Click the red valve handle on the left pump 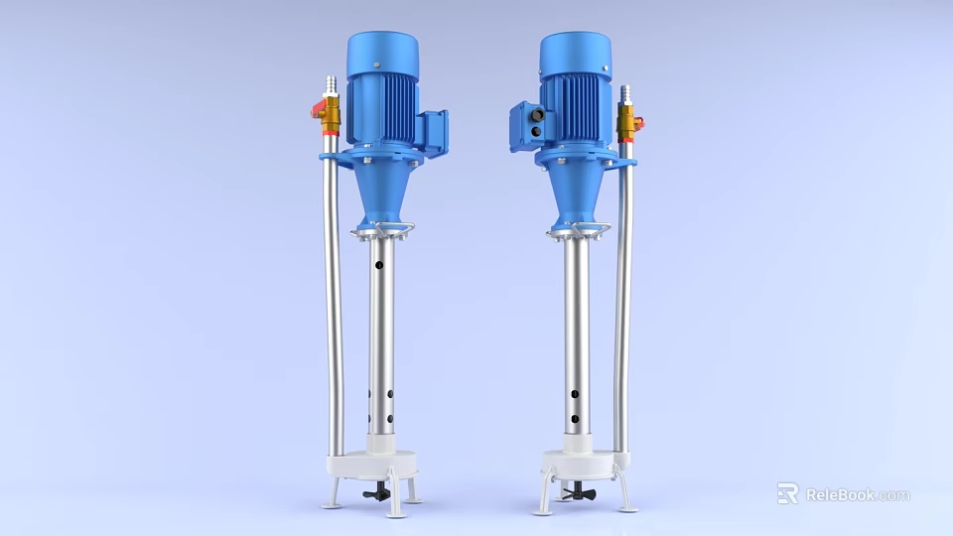pyautogui.click(x=317, y=112)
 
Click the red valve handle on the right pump pyautogui.click(x=638, y=123)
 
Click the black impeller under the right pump pyautogui.click(x=573, y=493)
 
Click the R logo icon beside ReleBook pyautogui.click(x=787, y=493)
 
